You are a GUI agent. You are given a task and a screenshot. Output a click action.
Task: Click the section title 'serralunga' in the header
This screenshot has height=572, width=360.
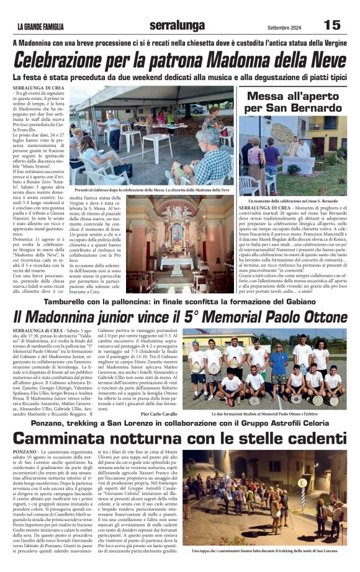click(x=176, y=25)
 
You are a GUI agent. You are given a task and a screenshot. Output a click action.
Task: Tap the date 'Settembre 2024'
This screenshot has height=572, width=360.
click(x=282, y=26)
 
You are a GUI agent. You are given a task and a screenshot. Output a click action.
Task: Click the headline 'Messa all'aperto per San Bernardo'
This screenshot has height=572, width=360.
click(x=292, y=102)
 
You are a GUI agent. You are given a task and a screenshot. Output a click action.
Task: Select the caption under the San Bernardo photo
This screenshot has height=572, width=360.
click(x=293, y=201)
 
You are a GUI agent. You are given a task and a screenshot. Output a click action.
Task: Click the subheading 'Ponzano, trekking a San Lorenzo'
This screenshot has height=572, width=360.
click(x=179, y=423)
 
